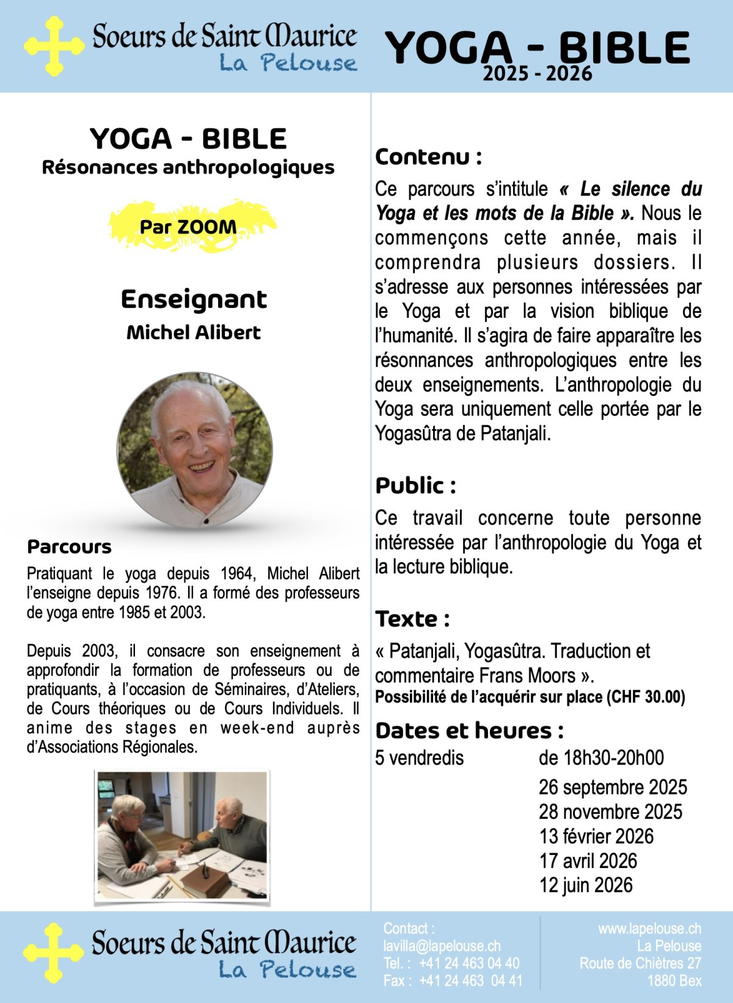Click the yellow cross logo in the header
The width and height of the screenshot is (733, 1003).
pyautogui.click(x=54, y=46)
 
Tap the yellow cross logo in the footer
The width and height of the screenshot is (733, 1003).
pyautogui.click(x=54, y=953)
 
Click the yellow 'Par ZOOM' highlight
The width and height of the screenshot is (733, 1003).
pyautogui.click(x=188, y=227)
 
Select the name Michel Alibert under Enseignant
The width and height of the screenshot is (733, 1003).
pyautogui.click(x=194, y=332)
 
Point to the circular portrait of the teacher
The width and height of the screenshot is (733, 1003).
pyautogui.click(x=195, y=449)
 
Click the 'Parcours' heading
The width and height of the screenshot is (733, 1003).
pyautogui.click(x=70, y=546)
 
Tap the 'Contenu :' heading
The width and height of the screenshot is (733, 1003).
pyautogui.click(x=428, y=157)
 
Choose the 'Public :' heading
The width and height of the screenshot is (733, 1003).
pyautogui.click(x=415, y=486)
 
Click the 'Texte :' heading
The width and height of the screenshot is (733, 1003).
pyautogui.click(x=412, y=619)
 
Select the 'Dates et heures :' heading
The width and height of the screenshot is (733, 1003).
pyautogui.click(x=469, y=730)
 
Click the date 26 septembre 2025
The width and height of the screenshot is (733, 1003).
pyautogui.click(x=613, y=787)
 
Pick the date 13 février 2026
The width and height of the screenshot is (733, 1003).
pyautogui.click(x=596, y=836)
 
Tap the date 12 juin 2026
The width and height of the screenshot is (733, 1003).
pyautogui.click(x=586, y=885)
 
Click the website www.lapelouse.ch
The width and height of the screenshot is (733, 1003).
pyautogui.click(x=649, y=929)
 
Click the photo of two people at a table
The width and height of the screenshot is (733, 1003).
pyautogui.click(x=182, y=836)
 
